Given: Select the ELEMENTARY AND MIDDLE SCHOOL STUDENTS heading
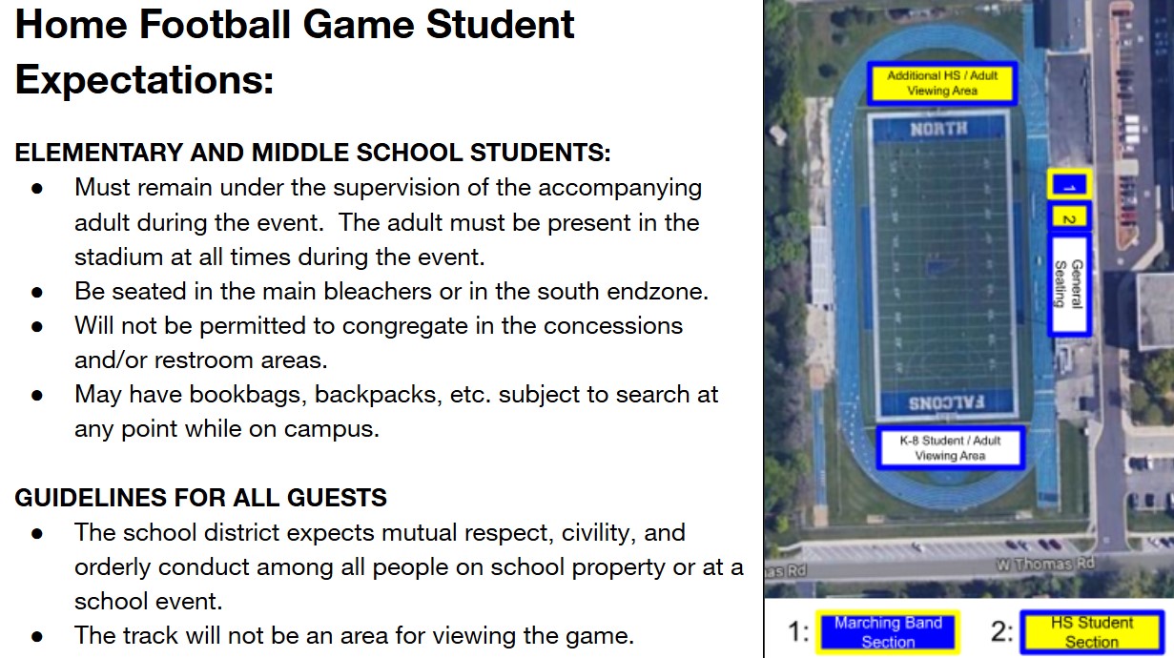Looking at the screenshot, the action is point(313,153).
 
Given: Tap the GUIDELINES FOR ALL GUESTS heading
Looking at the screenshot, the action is point(200,498).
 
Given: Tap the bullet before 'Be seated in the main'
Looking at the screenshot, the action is point(36,293).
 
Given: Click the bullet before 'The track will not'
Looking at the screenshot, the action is point(36,636).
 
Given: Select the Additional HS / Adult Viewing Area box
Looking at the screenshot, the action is point(942,83).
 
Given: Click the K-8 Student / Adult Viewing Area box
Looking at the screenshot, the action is point(950,448).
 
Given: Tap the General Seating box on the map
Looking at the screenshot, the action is point(1070,285).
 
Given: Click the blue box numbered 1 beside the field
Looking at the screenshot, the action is point(1070,185).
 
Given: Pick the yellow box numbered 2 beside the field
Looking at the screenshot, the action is point(1070,218).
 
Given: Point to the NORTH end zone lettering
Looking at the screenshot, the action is point(938,129).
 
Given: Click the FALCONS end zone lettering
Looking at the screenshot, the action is point(946,402).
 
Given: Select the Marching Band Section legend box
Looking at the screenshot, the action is point(888,632).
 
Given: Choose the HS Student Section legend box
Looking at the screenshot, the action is point(1091,632).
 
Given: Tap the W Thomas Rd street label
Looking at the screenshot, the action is point(1044,565).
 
